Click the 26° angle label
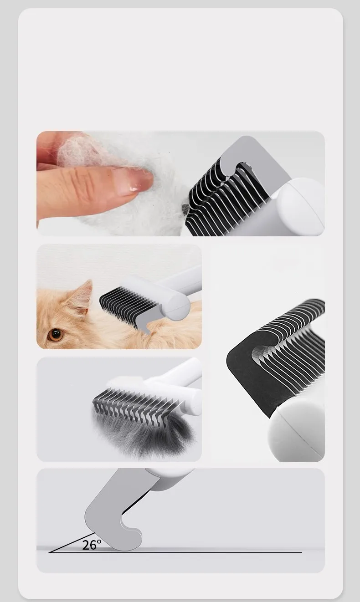click(x=92, y=545)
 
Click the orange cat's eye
click(x=56, y=334)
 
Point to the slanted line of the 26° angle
click(x=71, y=543)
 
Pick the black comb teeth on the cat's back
click(x=128, y=301)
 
